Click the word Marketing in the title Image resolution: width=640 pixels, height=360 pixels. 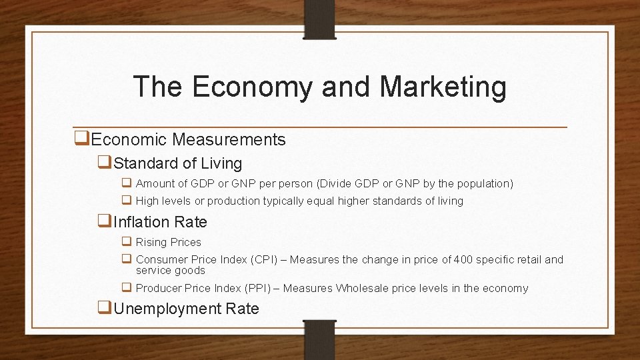point(443,87)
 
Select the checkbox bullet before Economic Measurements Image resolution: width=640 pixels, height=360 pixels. point(83,139)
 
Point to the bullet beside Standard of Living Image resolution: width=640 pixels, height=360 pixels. point(105,163)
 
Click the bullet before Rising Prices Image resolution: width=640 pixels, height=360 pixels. point(126,241)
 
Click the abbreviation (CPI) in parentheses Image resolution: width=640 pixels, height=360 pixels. point(267,259)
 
